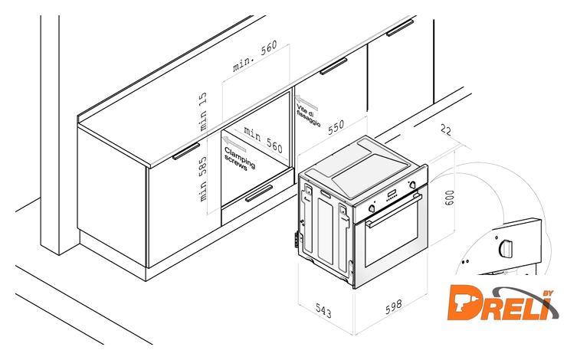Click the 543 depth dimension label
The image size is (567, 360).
point(323,311)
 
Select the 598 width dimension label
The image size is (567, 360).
point(393,306)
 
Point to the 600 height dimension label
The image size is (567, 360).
point(449,198)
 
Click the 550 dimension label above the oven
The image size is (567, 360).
point(336,127)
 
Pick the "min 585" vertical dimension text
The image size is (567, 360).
point(203,179)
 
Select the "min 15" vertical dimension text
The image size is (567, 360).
point(203,111)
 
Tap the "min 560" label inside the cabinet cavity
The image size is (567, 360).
point(263,139)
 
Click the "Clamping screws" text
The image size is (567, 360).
point(239,159)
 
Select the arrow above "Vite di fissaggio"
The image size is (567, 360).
point(306,103)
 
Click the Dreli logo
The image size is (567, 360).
point(503,303)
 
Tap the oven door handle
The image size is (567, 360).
point(394,211)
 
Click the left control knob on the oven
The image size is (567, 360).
point(372,208)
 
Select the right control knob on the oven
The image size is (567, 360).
point(412,185)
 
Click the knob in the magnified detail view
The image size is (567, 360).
point(506,247)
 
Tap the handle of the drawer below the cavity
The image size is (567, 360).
point(259,193)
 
